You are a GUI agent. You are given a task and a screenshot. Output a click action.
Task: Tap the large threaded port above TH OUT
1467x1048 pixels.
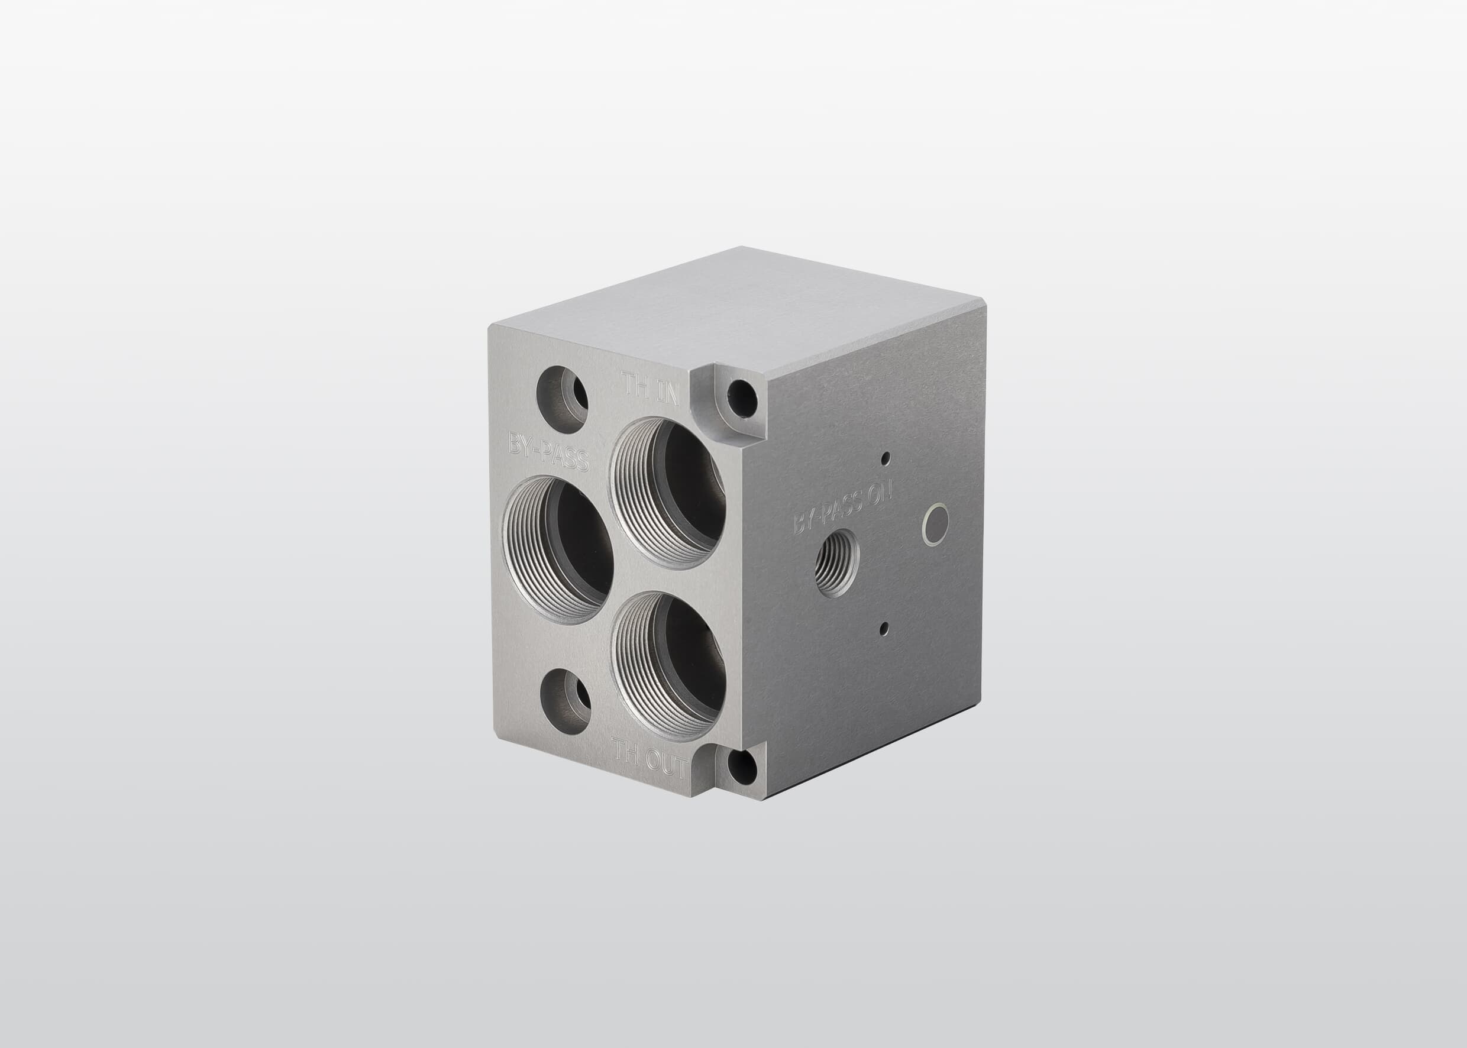click(x=668, y=667)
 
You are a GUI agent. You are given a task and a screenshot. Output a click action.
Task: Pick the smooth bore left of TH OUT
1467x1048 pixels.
click(x=566, y=701)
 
